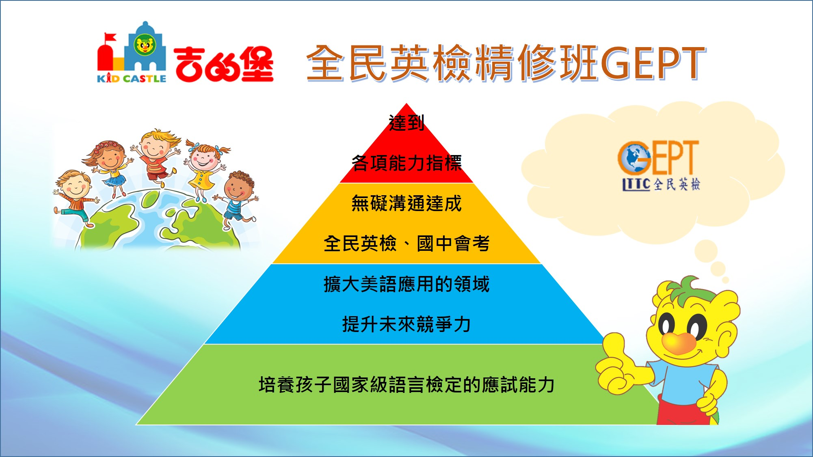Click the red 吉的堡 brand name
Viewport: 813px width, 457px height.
(x=224, y=64)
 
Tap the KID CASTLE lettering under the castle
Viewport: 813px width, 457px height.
(x=132, y=78)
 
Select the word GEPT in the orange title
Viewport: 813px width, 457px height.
(x=653, y=63)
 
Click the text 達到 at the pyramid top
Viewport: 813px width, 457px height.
(x=406, y=123)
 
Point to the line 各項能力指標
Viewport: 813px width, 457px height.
(x=406, y=163)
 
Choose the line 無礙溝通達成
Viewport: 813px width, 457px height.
(x=406, y=203)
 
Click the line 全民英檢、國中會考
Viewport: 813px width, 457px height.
(x=406, y=244)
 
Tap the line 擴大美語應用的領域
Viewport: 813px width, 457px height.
(x=406, y=284)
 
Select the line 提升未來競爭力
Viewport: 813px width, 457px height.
(x=406, y=324)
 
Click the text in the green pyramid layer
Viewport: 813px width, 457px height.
(x=406, y=384)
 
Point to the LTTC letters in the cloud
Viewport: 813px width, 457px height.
(x=637, y=184)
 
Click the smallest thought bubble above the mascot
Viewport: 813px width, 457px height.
(x=726, y=280)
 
